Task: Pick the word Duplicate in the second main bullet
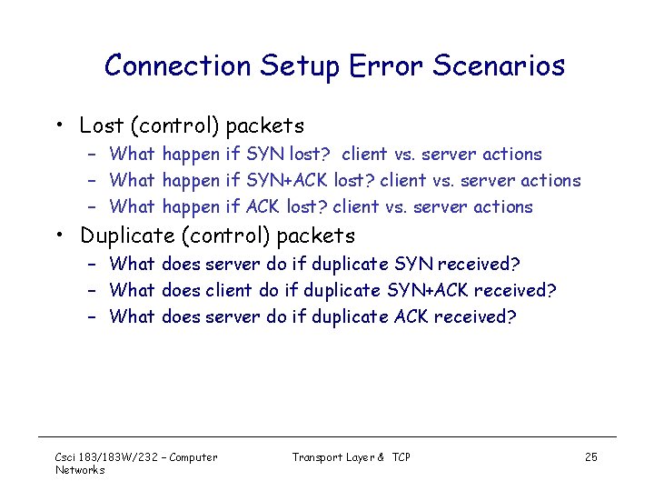coord(127,235)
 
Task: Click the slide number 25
coord(591,456)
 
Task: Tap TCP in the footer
coord(401,456)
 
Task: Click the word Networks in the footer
coord(80,469)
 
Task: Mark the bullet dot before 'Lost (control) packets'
coord(57,125)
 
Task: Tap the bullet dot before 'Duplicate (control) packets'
coord(57,236)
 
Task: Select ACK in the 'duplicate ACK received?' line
coord(413,316)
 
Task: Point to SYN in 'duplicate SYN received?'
coord(413,264)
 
